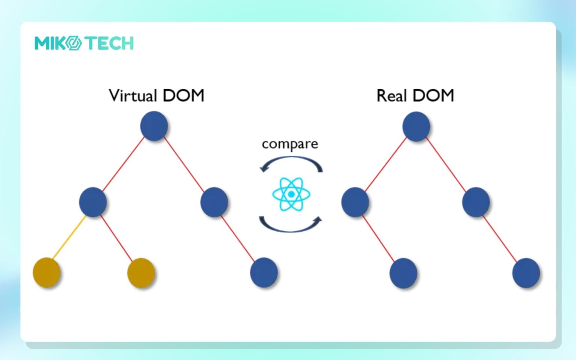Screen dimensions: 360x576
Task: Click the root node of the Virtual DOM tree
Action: (154, 126)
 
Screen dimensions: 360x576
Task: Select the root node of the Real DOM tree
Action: (416, 126)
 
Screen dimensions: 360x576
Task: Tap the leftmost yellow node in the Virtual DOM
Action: (47, 272)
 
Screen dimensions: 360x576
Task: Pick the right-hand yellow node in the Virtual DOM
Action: (141, 273)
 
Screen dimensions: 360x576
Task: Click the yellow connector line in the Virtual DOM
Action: (70, 237)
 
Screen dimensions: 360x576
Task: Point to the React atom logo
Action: (291, 194)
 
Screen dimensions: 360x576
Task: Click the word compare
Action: (290, 144)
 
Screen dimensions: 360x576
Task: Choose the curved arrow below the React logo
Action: (291, 225)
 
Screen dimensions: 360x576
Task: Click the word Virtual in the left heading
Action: (133, 96)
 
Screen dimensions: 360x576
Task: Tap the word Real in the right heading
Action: (391, 96)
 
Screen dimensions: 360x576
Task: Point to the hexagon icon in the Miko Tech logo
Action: (74, 43)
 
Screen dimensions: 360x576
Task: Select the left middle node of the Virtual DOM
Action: (93, 202)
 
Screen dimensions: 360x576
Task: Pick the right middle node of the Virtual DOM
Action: (214, 202)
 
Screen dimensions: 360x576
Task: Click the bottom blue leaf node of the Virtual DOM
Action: (264, 272)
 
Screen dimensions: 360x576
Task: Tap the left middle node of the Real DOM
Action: (355, 202)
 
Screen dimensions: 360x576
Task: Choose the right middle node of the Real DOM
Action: (476, 202)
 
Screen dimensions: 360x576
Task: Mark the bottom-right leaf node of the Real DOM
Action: (526, 273)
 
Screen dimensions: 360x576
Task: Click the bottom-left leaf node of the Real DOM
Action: (403, 273)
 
